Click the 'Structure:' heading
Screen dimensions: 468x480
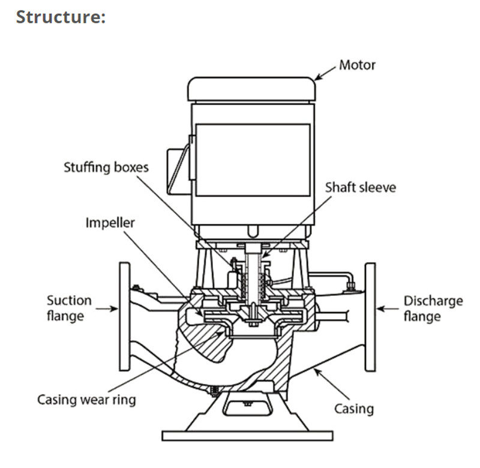[61, 16]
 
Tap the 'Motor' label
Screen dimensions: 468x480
[357, 64]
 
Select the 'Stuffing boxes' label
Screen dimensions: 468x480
[106, 167]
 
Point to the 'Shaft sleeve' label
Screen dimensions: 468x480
[361, 187]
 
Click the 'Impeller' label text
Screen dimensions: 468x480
[110, 223]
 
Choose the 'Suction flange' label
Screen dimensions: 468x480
[70, 307]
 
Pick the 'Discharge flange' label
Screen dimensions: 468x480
[433, 308]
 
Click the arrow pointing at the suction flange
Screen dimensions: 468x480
[107, 309]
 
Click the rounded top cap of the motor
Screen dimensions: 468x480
[251, 89]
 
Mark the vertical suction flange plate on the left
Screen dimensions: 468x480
[125, 316]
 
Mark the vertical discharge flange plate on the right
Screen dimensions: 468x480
[370, 316]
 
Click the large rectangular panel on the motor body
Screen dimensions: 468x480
[253, 160]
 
